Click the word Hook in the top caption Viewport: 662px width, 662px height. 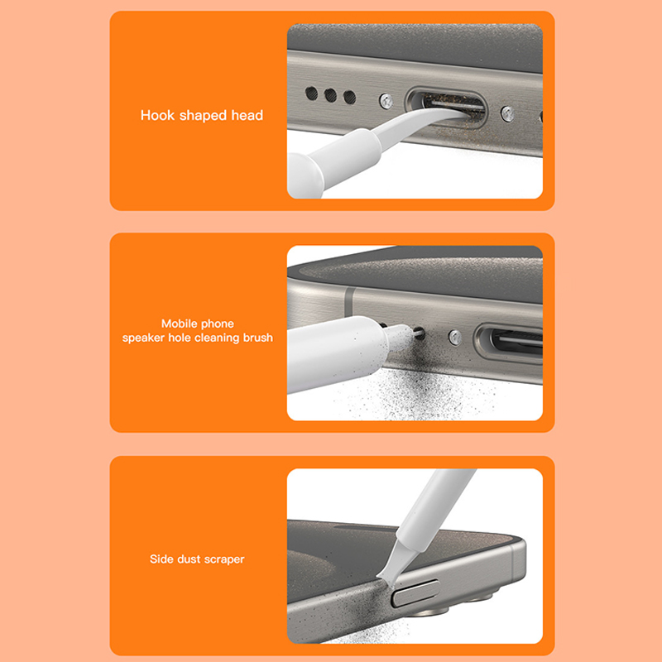(157, 115)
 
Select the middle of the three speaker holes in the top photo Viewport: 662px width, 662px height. (330, 95)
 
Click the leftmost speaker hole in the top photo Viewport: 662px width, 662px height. (312, 94)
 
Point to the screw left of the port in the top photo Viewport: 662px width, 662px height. (386, 101)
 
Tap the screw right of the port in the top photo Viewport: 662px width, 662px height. (507, 114)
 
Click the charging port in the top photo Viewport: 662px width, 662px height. (446, 108)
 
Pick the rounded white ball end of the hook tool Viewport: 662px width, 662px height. (305, 175)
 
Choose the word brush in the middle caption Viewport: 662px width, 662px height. (258, 338)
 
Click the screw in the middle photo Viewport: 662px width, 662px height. (455, 338)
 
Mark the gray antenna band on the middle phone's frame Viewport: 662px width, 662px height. (348, 301)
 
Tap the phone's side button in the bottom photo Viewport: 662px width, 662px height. (415, 592)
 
